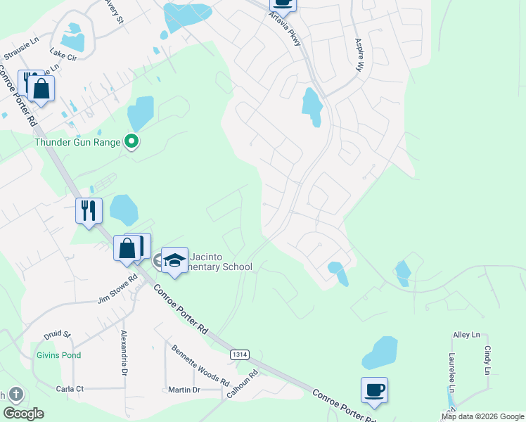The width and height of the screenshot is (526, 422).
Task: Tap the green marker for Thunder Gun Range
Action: click(131, 142)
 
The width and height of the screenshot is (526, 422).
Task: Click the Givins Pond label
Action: click(59, 355)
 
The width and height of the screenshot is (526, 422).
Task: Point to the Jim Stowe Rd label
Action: click(117, 290)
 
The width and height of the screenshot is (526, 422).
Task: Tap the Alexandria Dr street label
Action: click(124, 353)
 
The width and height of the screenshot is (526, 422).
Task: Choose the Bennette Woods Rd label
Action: click(200, 364)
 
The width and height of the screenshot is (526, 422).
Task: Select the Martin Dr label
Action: click(184, 390)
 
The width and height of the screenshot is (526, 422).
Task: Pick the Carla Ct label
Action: click(70, 388)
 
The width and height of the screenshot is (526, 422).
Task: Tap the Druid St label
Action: click(58, 334)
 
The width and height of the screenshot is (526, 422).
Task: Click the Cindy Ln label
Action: click(487, 359)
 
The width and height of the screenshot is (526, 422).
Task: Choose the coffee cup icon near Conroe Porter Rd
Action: click(374, 390)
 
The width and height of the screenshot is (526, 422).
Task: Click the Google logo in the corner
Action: click(23, 414)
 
